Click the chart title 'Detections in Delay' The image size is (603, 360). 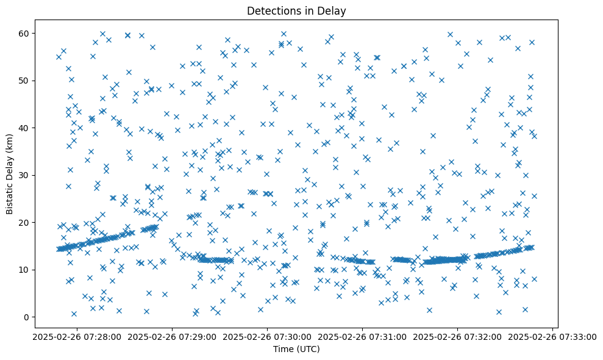click(x=296, y=10)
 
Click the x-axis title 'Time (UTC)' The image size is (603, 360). click(x=296, y=350)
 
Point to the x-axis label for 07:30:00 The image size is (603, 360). click(x=266, y=336)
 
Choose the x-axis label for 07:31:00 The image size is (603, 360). click(x=362, y=336)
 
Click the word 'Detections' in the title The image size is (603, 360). click(x=270, y=10)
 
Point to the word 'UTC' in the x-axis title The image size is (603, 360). click(x=310, y=350)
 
